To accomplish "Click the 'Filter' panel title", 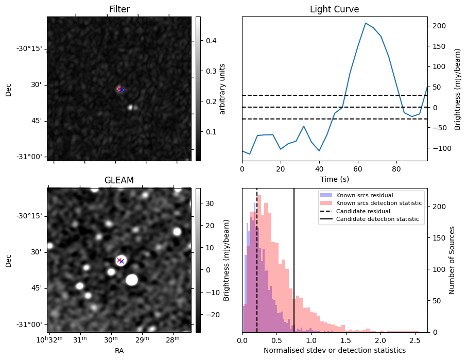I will (119, 9).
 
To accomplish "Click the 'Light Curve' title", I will (334, 9).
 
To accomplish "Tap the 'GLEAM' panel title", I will (119, 180).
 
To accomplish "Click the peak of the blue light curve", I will (366, 23).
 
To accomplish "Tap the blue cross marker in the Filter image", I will (122, 90).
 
